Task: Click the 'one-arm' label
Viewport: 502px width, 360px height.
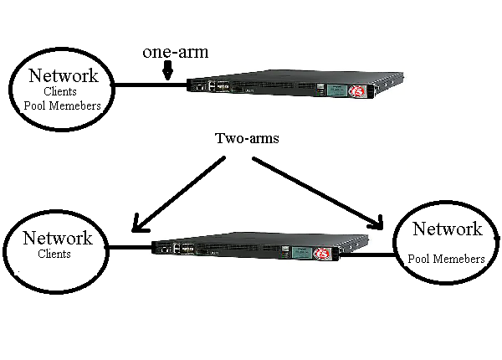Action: [175, 52]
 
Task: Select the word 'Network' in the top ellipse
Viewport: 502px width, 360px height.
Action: [63, 76]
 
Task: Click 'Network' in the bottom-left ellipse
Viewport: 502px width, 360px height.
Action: [55, 237]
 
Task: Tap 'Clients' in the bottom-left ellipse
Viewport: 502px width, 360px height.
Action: [54, 254]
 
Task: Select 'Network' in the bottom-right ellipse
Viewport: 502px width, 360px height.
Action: [448, 229]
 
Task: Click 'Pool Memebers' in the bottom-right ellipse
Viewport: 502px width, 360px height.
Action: [446, 259]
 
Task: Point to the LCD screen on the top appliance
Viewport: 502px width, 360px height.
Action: [337, 89]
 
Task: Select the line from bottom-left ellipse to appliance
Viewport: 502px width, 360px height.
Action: [130, 247]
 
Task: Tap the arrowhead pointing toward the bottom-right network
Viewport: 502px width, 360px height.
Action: [378, 223]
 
